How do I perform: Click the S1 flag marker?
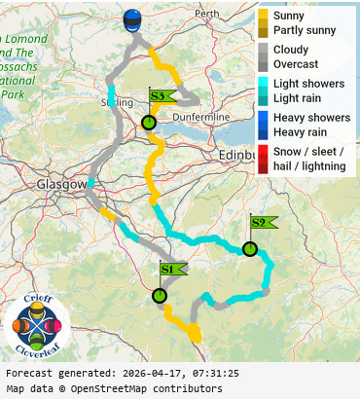click(x=169, y=268)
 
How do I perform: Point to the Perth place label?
click(x=207, y=15)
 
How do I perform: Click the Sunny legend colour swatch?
click(x=263, y=17)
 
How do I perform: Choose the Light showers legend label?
click(x=308, y=84)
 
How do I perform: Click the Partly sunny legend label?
click(x=305, y=31)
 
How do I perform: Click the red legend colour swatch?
click(x=263, y=159)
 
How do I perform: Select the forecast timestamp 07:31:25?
click(x=207, y=373)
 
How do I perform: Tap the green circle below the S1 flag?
click(x=160, y=295)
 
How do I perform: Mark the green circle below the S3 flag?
click(x=148, y=123)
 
